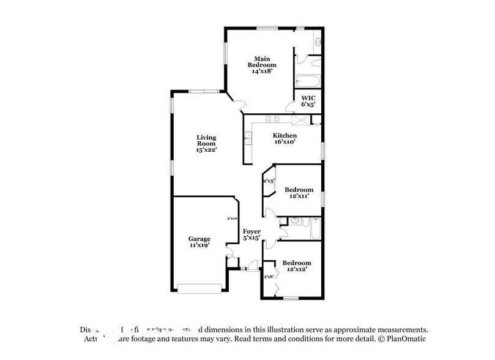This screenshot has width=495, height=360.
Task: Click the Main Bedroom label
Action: tap(262, 64)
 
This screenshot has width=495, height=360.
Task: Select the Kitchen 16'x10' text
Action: tap(285, 138)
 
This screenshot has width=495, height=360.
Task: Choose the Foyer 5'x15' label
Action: tap(251, 234)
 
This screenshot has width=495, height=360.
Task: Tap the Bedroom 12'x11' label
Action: tap(299, 193)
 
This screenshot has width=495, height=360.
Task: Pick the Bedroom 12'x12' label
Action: tap(294, 266)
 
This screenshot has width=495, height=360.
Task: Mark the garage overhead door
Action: tap(200, 288)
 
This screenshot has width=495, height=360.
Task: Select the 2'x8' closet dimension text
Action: tap(268, 277)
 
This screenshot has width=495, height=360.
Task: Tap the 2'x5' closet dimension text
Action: tap(268, 181)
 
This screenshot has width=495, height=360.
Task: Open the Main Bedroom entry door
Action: tap(240, 105)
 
